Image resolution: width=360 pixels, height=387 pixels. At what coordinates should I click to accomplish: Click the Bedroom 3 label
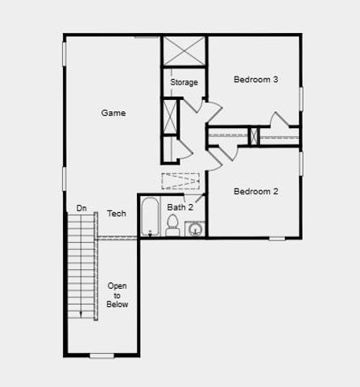click(x=255, y=79)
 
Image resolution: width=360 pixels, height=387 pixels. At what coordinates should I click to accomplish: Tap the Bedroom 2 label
click(x=255, y=191)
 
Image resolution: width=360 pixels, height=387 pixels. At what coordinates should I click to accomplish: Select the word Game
click(x=114, y=114)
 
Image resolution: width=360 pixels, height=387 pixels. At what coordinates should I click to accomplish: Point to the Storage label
click(x=184, y=82)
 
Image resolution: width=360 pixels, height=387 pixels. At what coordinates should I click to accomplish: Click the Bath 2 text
click(x=180, y=207)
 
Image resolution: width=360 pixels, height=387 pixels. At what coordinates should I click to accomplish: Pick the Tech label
click(x=116, y=214)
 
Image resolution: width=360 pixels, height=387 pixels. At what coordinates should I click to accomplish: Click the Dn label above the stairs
click(x=81, y=208)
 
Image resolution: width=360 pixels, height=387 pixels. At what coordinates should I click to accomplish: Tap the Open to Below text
click(x=117, y=294)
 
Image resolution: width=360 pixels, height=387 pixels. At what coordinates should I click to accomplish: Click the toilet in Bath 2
click(x=172, y=227)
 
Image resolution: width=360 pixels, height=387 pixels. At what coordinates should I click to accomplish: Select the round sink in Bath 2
click(x=195, y=230)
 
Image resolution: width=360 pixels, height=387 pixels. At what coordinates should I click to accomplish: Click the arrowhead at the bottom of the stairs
click(x=81, y=314)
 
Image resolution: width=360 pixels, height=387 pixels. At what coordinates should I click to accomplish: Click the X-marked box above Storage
click(x=184, y=52)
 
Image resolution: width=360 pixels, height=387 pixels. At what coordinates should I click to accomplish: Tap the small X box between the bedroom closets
click(x=254, y=136)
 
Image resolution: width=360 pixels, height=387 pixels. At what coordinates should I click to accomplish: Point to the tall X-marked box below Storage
click(x=171, y=114)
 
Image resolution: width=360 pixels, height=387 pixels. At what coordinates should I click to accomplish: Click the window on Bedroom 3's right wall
click(x=301, y=97)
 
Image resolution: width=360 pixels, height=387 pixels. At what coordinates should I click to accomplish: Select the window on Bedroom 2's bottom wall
click(x=277, y=239)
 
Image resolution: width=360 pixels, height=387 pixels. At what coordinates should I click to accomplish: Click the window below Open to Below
click(x=101, y=356)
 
